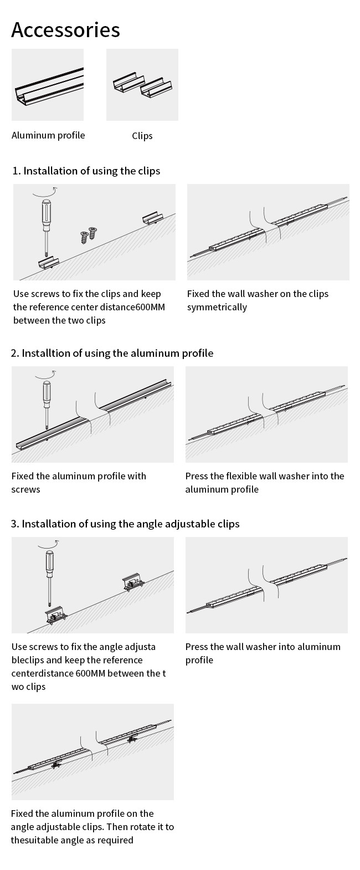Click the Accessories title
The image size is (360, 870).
point(65,29)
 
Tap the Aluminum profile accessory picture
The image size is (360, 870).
point(48,84)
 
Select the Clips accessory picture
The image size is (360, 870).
point(142,84)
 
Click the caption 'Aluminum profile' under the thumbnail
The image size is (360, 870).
point(48,135)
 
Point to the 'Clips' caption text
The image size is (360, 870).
point(142,136)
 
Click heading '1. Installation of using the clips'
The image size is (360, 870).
point(86,171)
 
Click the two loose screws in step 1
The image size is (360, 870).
point(89,234)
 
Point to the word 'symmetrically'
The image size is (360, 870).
point(217,307)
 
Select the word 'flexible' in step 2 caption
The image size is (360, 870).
point(244,476)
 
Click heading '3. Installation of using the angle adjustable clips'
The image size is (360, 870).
point(125,524)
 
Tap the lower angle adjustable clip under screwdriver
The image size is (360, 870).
point(56,616)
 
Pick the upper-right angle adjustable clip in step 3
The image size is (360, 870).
point(133,581)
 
